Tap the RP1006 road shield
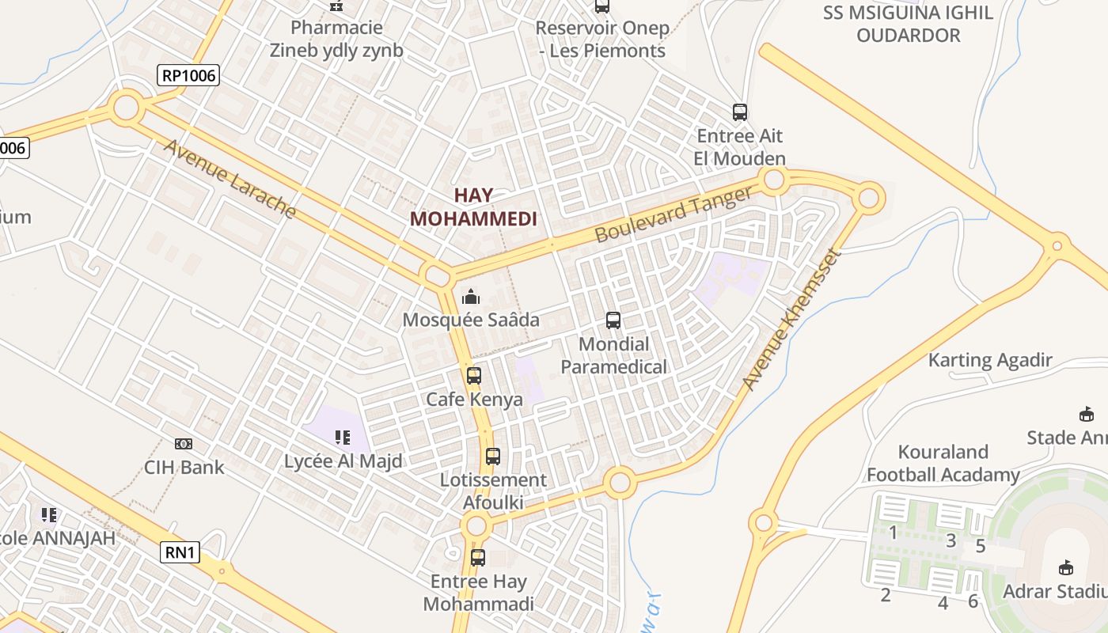[188, 76]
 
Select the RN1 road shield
[180, 552]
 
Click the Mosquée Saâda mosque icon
[471, 297]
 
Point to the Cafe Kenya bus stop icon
[474, 376]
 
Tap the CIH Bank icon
[184, 444]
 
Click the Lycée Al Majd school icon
[343, 437]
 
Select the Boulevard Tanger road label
[673, 214]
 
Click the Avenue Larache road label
[230, 179]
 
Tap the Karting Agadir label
[990, 360]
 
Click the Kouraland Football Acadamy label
[943, 464]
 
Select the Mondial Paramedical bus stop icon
[613, 320]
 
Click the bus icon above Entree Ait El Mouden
[740, 112]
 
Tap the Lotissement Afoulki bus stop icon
[493, 457]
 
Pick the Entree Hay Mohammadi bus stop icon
[478, 558]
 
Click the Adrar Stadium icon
[1066, 567]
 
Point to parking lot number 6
[973, 601]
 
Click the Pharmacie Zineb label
[336, 39]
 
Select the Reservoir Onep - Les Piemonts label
[602, 39]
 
